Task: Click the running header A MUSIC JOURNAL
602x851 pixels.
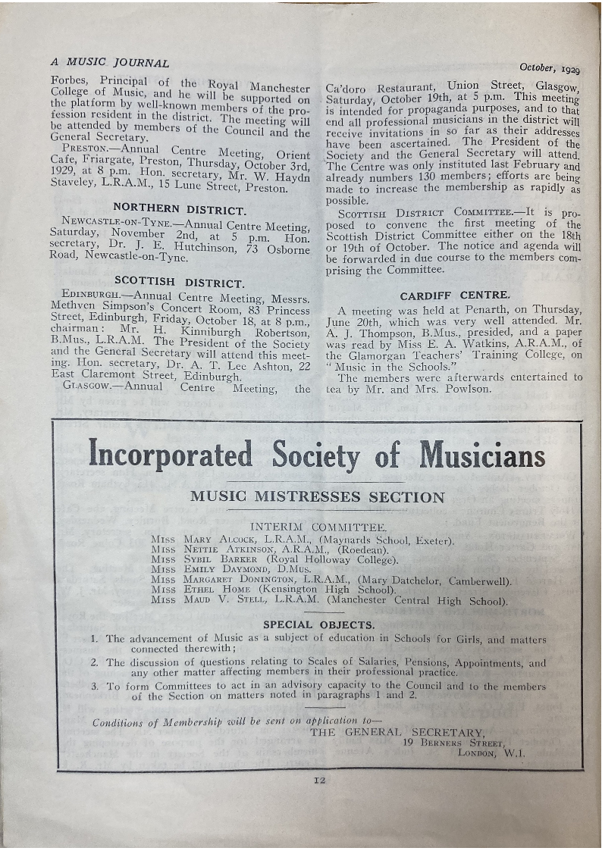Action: [x=109, y=63]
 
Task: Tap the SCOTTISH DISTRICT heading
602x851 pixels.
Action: [x=179, y=283]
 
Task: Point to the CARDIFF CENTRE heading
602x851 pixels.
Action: [x=455, y=295]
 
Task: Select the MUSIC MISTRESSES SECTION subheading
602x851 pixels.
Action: [x=317, y=498]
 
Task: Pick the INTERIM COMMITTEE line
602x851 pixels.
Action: [x=318, y=527]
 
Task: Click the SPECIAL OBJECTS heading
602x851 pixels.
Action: [x=318, y=625]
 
